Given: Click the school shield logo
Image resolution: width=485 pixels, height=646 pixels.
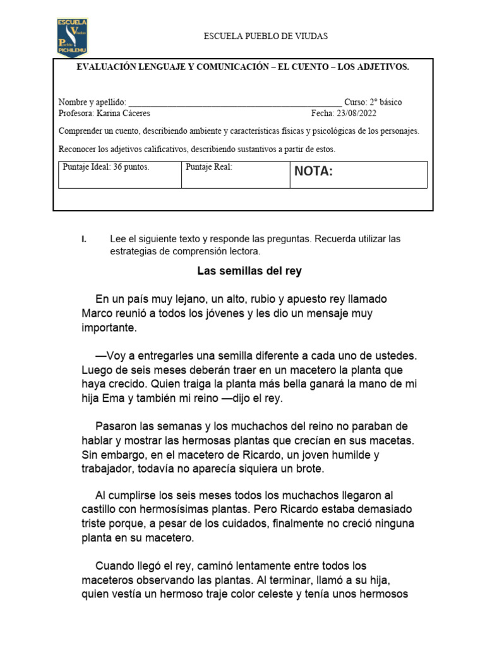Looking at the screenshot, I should point(72,37).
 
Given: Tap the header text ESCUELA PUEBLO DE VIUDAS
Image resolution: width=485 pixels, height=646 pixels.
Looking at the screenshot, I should point(265,37).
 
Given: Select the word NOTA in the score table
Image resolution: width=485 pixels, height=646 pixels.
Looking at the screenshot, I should point(313,172).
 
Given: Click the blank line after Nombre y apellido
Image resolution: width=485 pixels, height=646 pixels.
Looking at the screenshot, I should point(234,102).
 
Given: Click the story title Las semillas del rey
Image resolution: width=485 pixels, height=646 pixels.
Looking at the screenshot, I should point(249,271).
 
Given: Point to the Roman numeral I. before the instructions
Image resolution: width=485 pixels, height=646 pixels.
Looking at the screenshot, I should point(83,240).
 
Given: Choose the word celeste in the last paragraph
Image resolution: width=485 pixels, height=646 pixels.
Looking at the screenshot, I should point(273,594).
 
